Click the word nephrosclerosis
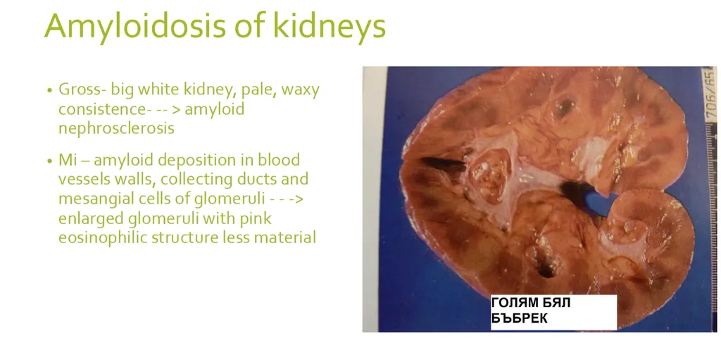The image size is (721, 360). point(116,128)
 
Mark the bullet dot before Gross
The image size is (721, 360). point(49,92)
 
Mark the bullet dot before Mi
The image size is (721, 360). point(49,161)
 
